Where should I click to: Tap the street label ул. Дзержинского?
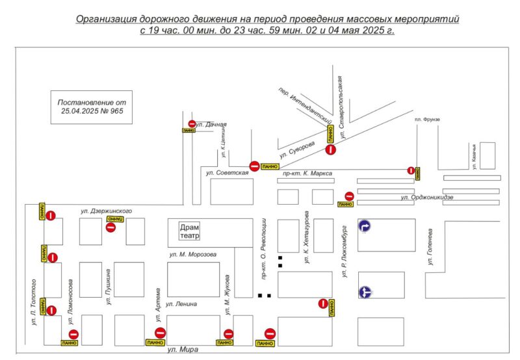(107, 211)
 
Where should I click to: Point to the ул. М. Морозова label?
(192, 254)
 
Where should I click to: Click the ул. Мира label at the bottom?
(181, 351)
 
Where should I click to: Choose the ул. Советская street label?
(227, 173)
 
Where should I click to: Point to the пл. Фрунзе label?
(427, 120)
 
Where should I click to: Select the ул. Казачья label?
(474, 156)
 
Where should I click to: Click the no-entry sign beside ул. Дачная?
(191, 123)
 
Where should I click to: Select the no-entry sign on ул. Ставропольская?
(331, 150)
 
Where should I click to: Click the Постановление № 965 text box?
(91, 107)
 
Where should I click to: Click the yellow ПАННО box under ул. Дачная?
(188, 131)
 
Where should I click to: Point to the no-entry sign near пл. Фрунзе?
(411, 170)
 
